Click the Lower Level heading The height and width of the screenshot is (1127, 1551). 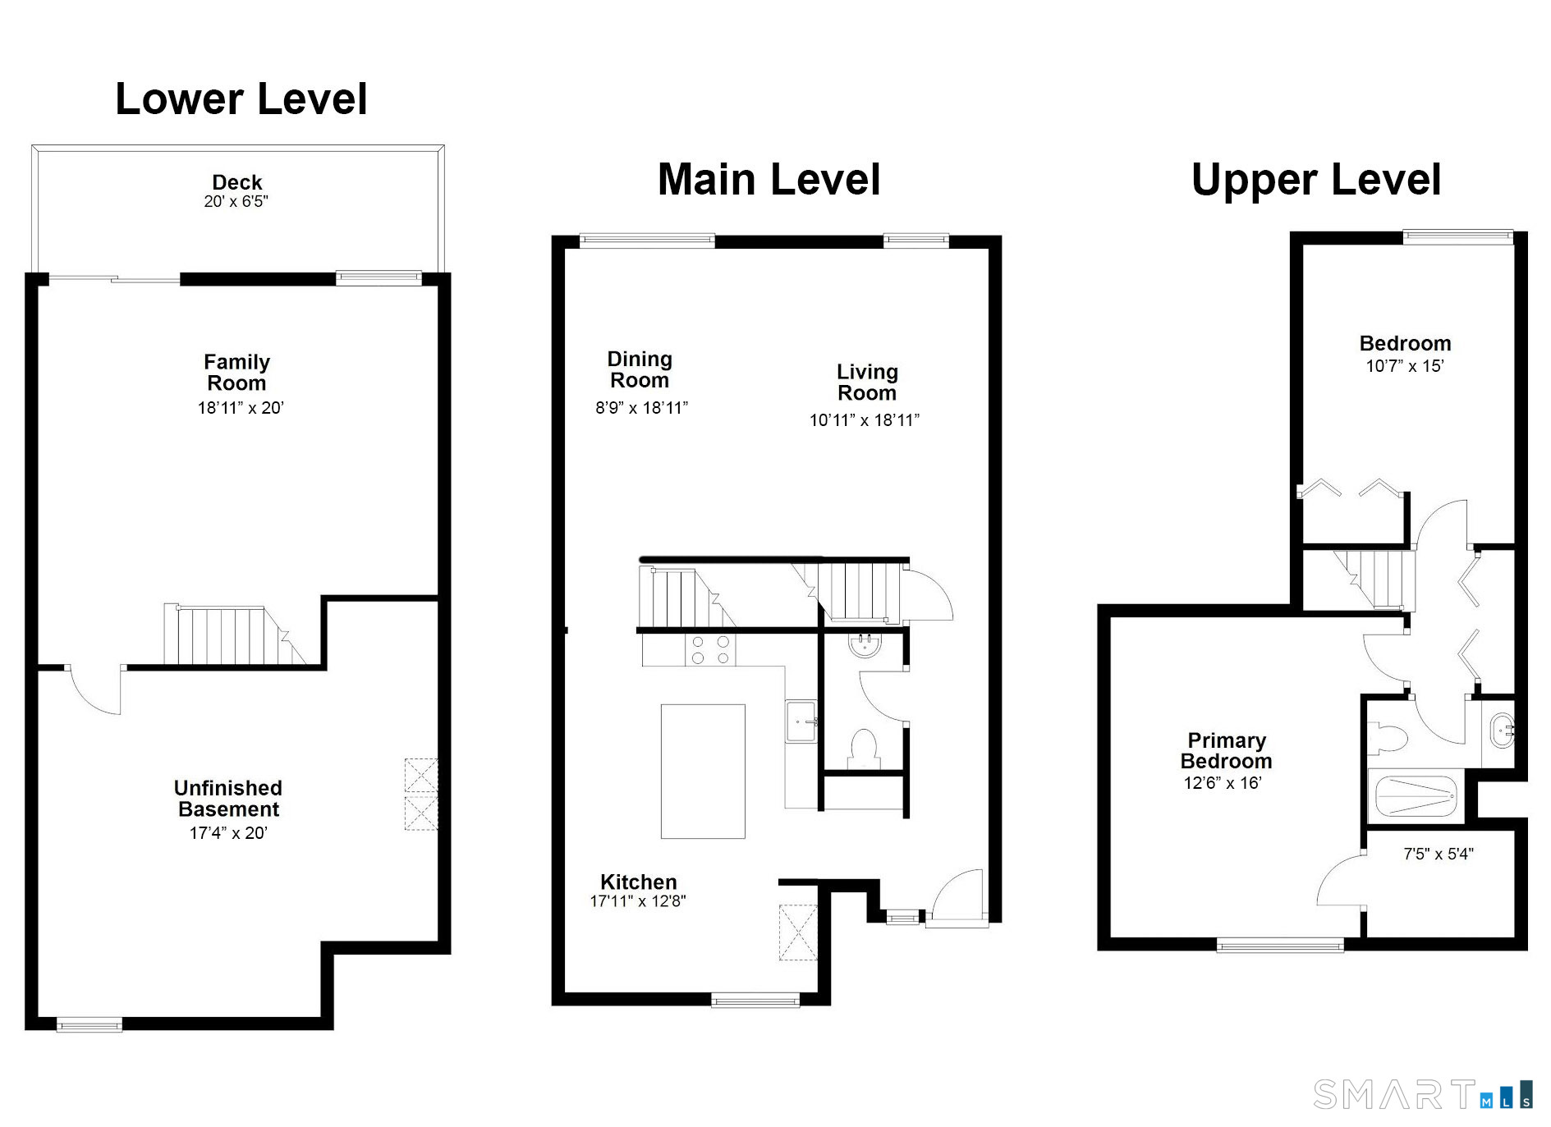tap(241, 99)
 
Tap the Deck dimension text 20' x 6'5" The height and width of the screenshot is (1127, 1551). tap(236, 202)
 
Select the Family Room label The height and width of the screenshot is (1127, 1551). tap(236, 373)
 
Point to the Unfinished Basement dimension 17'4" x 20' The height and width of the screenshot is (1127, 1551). tap(228, 833)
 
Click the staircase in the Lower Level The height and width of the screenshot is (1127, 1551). tap(235, 635)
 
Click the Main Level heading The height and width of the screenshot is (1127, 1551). tap(769, 180)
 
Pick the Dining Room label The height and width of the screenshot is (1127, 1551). tap(640, 369)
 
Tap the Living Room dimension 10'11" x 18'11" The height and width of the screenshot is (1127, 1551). tap(865, 420)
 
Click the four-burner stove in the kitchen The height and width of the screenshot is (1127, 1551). tap(710, 649)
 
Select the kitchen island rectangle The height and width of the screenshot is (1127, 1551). tap(703, 772)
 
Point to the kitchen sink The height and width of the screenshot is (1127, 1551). tap(801, 722)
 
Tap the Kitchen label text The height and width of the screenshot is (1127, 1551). tap(638, 882)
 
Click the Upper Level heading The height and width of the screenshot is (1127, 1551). tap(1316, 180)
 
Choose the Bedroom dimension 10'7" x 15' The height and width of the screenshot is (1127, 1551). tap(1405, 366)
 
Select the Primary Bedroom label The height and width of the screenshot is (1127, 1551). tap(1226, 751)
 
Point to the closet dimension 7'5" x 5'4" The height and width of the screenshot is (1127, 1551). tap(1439, 854)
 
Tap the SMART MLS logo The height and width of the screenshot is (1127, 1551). tap(1423, 1095)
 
